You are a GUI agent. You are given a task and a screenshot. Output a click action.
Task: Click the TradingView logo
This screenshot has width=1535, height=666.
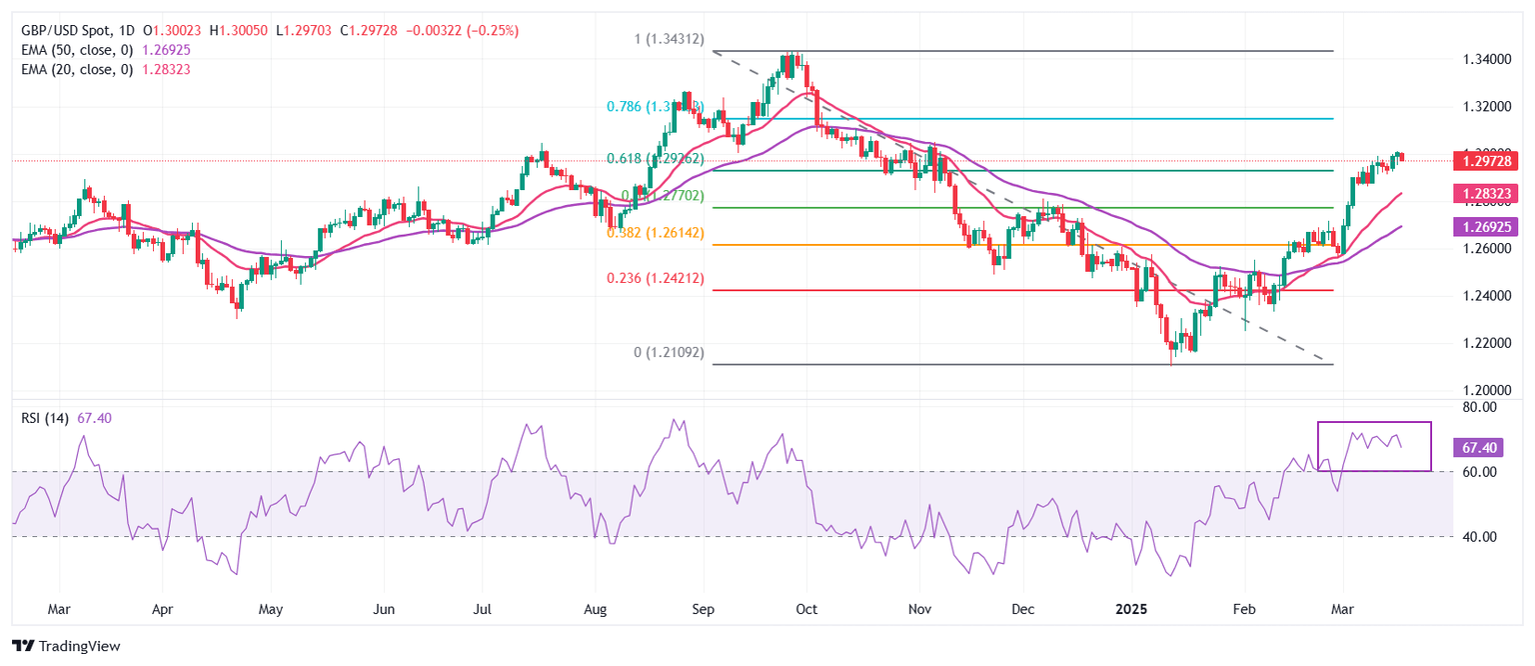tap(66, 646)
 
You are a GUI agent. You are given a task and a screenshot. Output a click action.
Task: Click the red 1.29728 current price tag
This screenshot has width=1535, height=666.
tap(1489, 160)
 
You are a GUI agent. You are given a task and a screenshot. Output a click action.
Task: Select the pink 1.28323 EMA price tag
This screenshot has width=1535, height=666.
tap(1489, 193)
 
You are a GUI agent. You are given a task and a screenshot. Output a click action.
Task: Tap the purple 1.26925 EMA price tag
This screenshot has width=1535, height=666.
tap(1489, 227)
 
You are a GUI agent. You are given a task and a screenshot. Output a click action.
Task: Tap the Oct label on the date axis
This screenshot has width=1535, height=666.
tap(807, 608)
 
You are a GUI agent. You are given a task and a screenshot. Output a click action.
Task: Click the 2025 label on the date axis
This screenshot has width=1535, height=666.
tap(1132, 608)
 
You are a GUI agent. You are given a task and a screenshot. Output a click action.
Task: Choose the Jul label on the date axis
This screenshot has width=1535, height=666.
tap(482, 608)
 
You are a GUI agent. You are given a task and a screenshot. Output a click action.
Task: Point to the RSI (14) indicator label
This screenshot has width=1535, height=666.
tap(45, 419)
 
